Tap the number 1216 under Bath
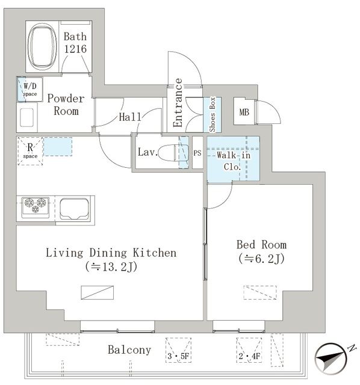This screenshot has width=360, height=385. (75, 49)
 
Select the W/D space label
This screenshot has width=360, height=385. (30, 90)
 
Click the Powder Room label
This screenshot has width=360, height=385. (66, 105)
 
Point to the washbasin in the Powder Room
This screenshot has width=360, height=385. (26, 118)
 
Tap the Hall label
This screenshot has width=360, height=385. (130, 117)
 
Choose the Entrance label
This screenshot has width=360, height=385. (178, 103)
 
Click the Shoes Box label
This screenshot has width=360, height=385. (213, 114)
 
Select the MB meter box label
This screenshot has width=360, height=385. (244, 112)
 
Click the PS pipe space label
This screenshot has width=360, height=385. (197, 153)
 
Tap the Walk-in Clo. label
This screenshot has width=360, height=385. (233, 161)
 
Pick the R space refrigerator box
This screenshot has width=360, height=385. (30, 151)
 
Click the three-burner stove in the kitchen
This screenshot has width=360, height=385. (35, 207)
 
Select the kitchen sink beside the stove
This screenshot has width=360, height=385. (75, 208)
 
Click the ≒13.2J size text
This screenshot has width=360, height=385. (111, 267)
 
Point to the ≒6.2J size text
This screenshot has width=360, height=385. (261, 258)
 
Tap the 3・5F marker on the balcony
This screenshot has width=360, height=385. (178, 356)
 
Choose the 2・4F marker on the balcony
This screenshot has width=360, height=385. (249, 356)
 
